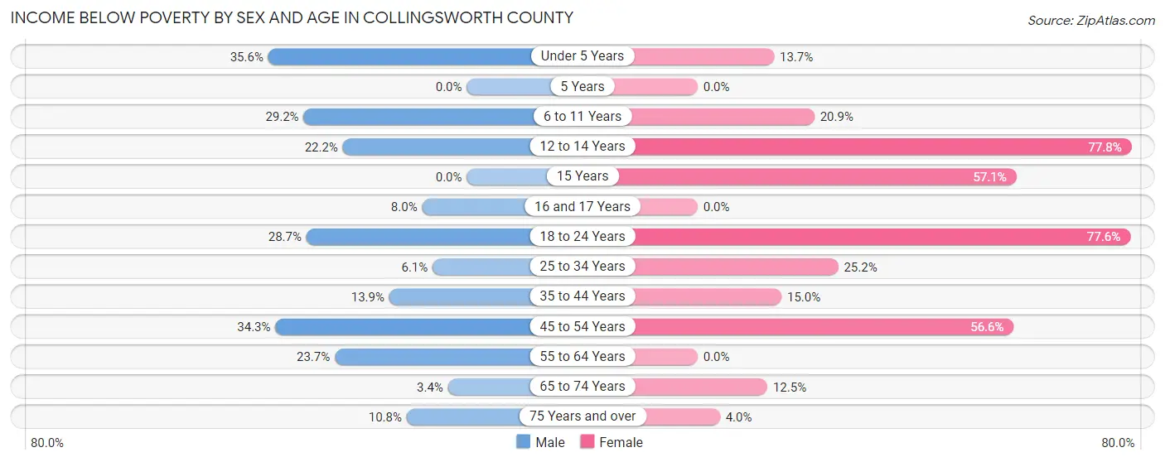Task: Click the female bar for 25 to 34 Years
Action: [x=737, y=267]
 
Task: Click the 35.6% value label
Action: [x=247, y=56]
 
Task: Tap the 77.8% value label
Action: [x=1105, y=147]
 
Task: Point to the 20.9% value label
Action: [x=837, y=117]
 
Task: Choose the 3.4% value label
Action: [x=428, y=387]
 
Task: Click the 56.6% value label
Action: [x=987, y=327]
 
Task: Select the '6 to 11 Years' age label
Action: [x=582, y=117]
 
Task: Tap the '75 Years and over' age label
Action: [x=582, y=416]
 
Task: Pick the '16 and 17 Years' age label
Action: [x=582, y=206]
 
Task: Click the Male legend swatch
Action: [x=523, y=442]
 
